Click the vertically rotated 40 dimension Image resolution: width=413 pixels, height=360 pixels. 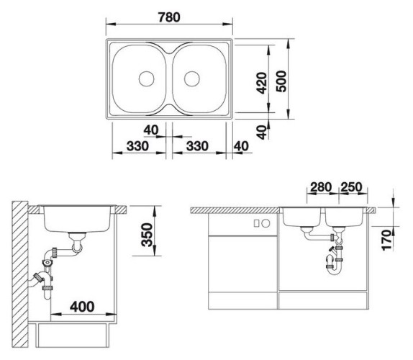click(x=263, y=130)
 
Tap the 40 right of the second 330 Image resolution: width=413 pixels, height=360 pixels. click(x=240, y=146)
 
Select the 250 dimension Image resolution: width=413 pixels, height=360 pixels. click(x=351, y=189)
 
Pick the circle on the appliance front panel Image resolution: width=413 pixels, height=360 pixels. click(x=256, y=223)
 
